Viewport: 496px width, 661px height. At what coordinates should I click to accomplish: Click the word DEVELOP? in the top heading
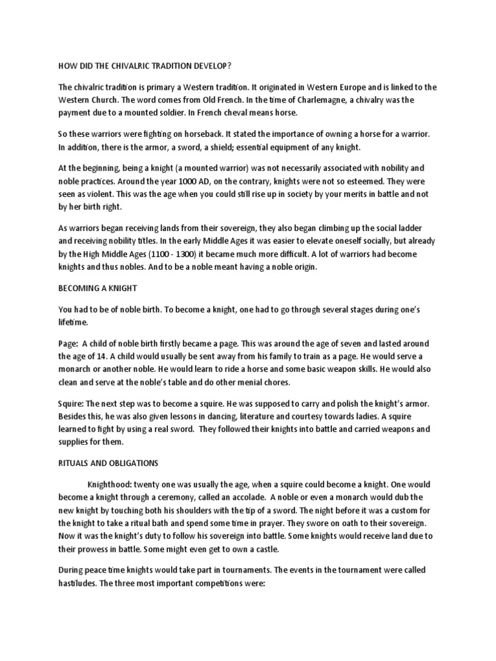210,65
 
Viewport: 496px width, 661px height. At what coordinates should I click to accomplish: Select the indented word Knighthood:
114,484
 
